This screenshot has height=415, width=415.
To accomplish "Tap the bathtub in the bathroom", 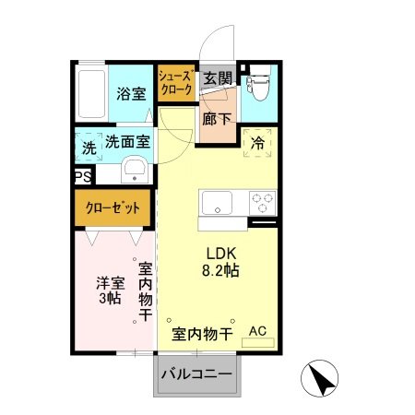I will (x=92, y=93).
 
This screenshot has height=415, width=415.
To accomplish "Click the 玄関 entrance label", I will (x=219, y=77).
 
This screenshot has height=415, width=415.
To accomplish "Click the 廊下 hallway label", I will (x=219, y=119).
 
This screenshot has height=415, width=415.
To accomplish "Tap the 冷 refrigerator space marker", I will (x=257, y=145).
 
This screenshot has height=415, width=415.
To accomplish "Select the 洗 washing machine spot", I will (x=89, y=146).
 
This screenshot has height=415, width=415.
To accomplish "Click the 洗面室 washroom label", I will (x=126, y=142).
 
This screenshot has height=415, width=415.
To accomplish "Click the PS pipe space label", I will (x=82, y=176).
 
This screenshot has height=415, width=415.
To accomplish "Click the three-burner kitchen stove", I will (x=261, y=202).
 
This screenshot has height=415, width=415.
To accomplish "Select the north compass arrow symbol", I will (x=321, y=378).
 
